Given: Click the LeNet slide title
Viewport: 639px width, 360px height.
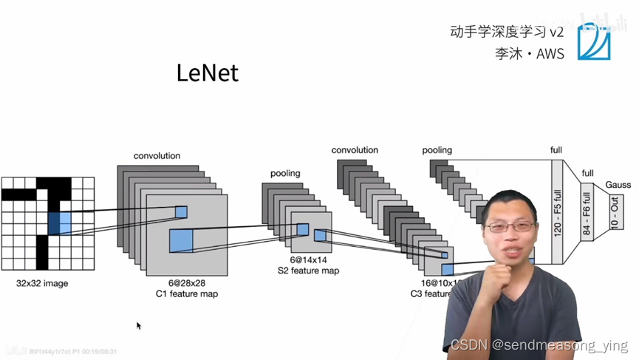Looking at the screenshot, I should [208, 73].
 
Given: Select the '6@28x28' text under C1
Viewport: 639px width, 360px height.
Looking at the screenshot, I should [186, 283].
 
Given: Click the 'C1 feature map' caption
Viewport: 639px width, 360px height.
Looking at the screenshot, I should [186, 294].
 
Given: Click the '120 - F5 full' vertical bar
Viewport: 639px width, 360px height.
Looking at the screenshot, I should [557, 211].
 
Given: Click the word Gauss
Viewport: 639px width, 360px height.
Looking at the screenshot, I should [618, 184].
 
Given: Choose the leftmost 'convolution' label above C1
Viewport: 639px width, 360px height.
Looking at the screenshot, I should [157, 156].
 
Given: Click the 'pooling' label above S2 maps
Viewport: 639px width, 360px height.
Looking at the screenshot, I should [285, 174].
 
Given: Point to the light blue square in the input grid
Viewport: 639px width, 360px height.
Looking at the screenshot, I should [65, 222].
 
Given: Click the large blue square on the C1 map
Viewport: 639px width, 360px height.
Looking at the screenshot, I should [180, 240].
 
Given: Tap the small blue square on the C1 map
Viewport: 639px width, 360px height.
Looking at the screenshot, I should [181, 212].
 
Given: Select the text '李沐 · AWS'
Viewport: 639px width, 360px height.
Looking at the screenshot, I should [529, 53].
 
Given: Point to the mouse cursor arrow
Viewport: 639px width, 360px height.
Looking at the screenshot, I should [138, 325].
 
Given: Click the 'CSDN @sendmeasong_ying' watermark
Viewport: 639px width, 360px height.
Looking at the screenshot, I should [539, 345].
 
